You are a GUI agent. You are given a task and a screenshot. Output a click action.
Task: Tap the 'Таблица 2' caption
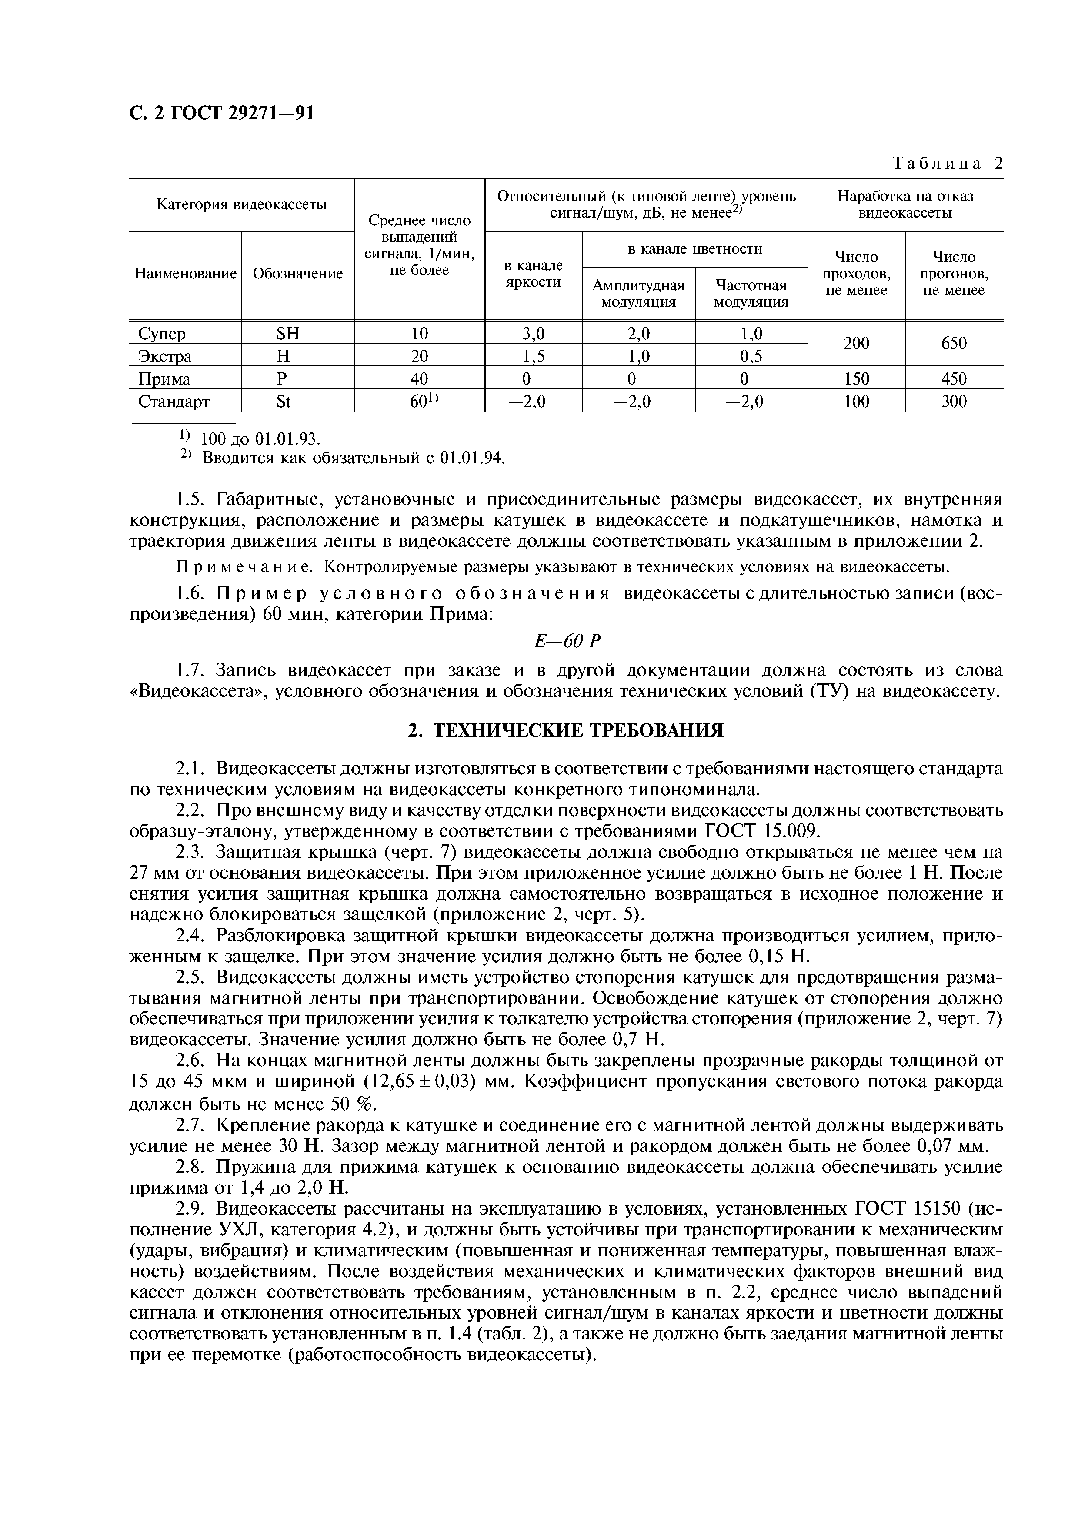click(947, 164)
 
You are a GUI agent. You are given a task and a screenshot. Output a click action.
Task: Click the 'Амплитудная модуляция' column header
click(638, 293)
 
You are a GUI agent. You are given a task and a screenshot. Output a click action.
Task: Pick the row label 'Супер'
click(162, 334)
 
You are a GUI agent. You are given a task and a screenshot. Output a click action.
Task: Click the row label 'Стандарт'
click(174, 402)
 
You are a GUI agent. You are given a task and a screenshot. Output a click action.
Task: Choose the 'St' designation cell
click(284, 402)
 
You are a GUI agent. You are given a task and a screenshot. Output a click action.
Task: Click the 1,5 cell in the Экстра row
click(534, 356)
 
